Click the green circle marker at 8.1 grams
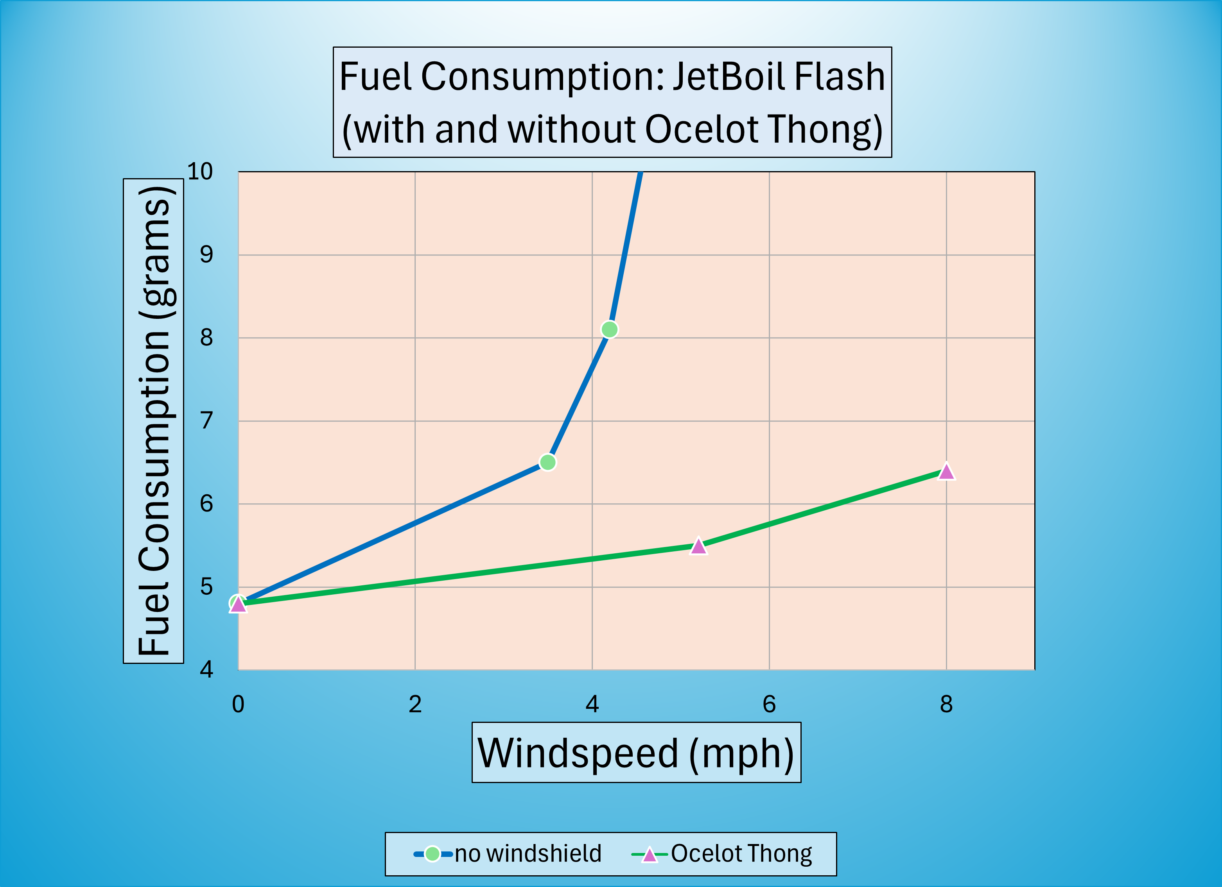click(609, 329)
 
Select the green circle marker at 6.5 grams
click(547, 462)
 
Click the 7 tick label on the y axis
click(206, 420)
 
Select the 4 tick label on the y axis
click(206, 669)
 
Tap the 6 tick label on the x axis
click(769, 704)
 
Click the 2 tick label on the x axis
click(415, 704)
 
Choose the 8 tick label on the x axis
click(946, 704)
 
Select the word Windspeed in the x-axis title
click(578, 753)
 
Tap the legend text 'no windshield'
click(528, 854)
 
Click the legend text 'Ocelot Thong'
click(741, 854)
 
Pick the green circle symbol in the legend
click(432, 854)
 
